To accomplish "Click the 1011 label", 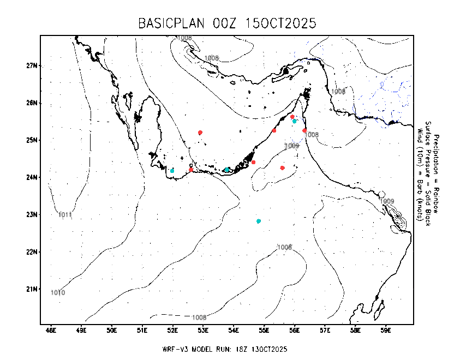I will [65, 215].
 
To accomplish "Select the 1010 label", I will [58, 293].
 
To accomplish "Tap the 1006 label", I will [284, 248].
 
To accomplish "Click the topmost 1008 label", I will [184, 38].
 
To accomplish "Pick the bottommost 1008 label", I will [199, 318].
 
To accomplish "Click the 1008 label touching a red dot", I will [312, 135].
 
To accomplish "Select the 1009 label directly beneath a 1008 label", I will [292, 146].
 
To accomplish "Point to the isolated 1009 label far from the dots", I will [387, 201].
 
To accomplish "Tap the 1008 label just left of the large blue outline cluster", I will [338, 92].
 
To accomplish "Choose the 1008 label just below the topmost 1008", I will [211, 58].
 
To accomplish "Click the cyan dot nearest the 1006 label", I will [259, 221].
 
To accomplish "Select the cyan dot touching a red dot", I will [295, 122].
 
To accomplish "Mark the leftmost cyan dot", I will [172, 171].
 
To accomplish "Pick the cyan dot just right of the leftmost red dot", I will [227, 170].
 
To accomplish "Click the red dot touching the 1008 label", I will [304, 130].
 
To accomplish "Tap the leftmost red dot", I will [191, 170].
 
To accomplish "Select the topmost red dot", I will [292, 117].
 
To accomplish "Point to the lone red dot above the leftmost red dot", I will [200, 133].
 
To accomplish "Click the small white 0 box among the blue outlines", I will [382, 84].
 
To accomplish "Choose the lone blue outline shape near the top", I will [309, 52].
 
